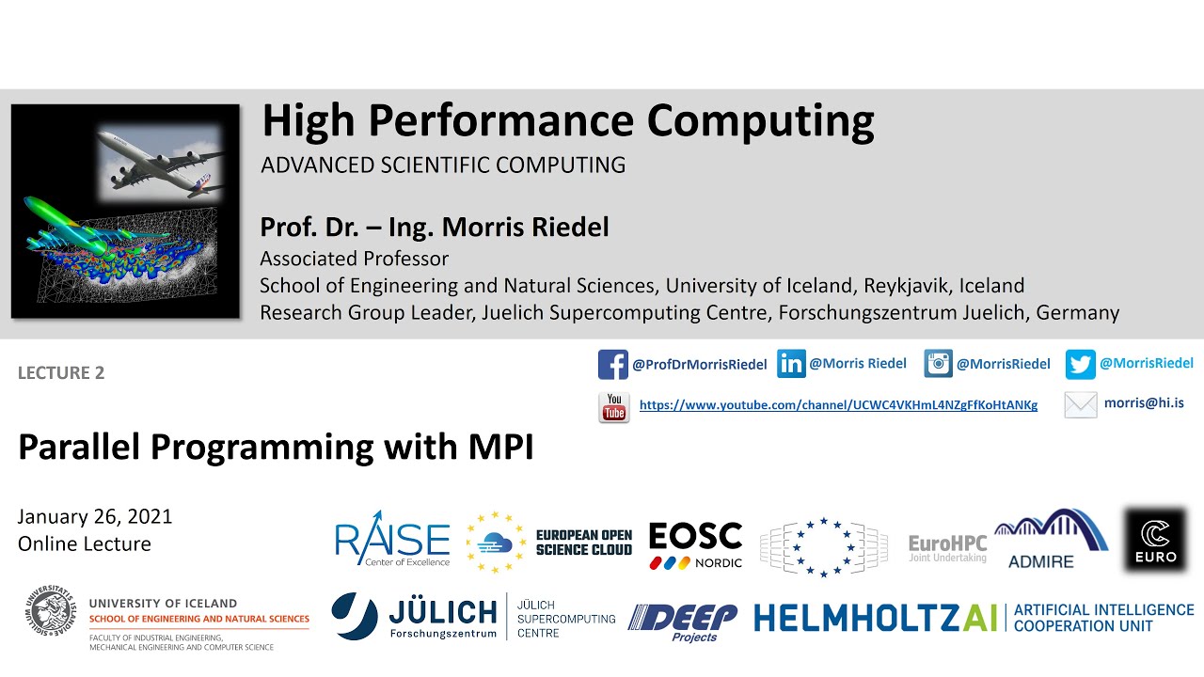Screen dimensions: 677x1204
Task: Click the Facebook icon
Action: tap(612, 364)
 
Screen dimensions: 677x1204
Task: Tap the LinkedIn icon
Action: tap(791, 364)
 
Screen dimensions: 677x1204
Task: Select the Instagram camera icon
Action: tap(938, 364)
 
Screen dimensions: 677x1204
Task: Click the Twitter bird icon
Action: tap(1080, 364)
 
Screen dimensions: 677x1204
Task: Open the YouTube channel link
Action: tap(838, 405)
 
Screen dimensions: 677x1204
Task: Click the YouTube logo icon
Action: tap(614, 407)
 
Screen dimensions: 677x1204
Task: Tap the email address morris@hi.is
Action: tap(1144, 403)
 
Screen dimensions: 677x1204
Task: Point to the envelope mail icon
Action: tap(1081, 405)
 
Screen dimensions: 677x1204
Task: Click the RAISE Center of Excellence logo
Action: tap(392, 541)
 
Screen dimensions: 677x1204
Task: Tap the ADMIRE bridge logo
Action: tap(1051, 539)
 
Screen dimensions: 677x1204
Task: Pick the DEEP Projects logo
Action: tap(683, 622)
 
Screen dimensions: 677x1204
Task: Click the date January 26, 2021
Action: tap(95, 517)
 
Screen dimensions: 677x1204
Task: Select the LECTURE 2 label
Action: tap(61, 373)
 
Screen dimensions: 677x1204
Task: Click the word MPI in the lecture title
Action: tap(501, 448)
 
